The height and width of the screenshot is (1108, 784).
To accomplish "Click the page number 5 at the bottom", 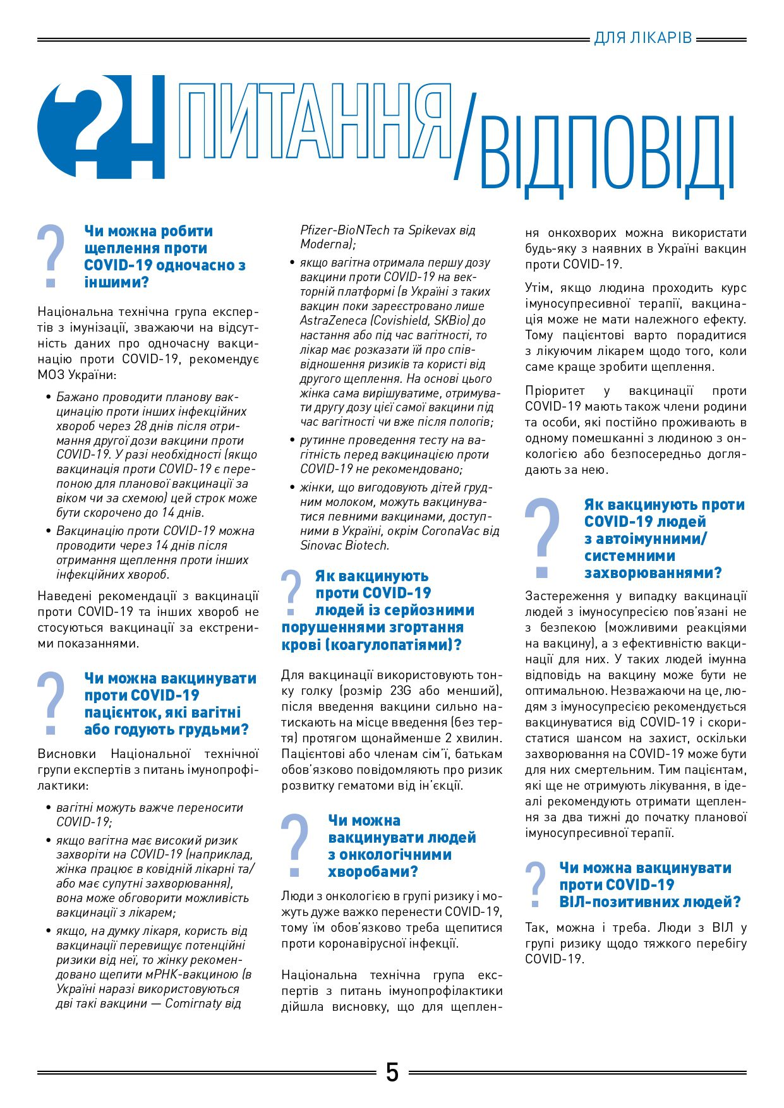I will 392,1072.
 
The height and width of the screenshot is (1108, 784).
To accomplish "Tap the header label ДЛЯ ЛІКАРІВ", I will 643,39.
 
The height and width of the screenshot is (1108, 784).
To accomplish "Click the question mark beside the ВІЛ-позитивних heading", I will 536,884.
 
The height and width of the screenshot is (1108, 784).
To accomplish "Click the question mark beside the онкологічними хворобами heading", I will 294,845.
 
